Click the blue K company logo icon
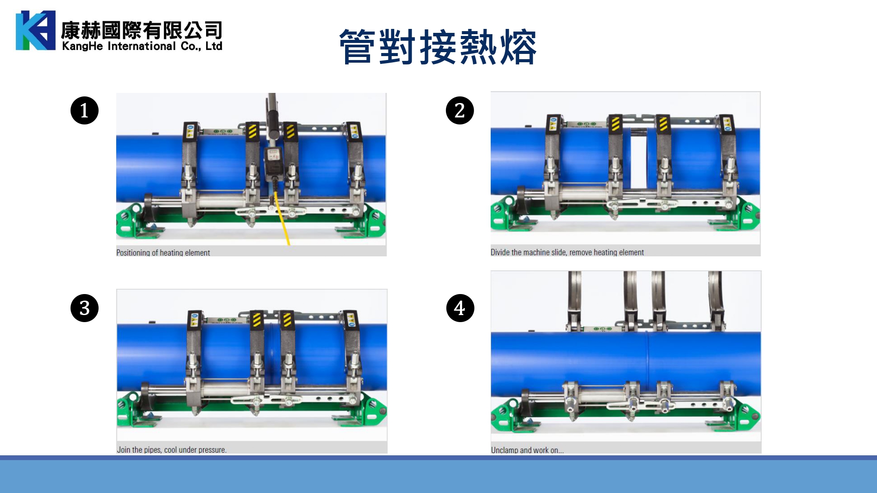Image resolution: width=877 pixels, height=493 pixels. [36, 30]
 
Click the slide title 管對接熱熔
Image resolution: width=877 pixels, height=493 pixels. [438, 47]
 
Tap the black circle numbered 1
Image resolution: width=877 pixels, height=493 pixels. [84, 110]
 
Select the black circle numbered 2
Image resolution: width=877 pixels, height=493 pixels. [460, 110]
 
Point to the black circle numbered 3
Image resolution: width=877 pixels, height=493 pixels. [84, 308]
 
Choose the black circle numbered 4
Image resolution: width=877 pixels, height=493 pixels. [460, 308]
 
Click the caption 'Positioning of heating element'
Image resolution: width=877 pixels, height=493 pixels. [163, 253]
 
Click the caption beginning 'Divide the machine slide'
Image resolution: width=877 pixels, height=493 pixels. [567, 252]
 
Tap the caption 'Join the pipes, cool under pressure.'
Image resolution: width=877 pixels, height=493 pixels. [171, 450]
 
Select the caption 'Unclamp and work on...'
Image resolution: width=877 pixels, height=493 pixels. [527, 450]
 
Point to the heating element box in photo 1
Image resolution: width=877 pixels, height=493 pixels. [273, 160]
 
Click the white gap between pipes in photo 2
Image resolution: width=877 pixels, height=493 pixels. [638, 158]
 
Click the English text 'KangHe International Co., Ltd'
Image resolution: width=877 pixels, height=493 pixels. [142, 46]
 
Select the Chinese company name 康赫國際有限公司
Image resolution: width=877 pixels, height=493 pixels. [142, 30]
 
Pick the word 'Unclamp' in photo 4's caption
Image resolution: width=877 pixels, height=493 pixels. [504, 450]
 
